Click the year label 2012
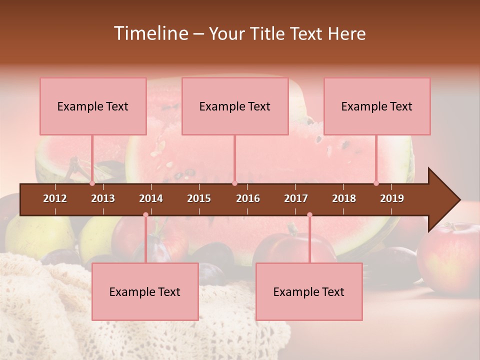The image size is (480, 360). pyautogui.click(x=55, y=198)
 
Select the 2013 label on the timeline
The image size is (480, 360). pyautogui.click(x=103, y=198)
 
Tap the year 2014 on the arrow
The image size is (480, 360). pyautogui.click(x=151, y=198)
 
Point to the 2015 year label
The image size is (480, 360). pyautogui.click(x=199, y=198)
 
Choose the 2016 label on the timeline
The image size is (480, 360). pyautogui.click(x=248, y=198)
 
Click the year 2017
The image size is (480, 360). pyautogui.click(x=296, y=198)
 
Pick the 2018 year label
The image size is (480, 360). pyautogui.click(x=344, y=198)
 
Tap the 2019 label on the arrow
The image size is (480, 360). pyautogui.click(x=392, y=198)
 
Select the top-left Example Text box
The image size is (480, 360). pyautogui.click(x=93, y=106)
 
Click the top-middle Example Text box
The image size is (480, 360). pyautogui.click(x=235, y=106)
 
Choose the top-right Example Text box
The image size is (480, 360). pyautogui.click(x=377, y=106)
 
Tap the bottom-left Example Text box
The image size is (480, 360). pyautogui.click(x=145, y=291)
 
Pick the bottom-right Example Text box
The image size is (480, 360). pyautogui.click(x=309, y=291)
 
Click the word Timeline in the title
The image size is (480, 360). pyautogui.click(x=150, y=33)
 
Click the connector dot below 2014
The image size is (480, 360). pyautogui.click(x=145, y=214)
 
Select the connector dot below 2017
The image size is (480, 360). pyautogui.click(x=309, y=214)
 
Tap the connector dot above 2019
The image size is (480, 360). pyautogui.click(x=376, y=183)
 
